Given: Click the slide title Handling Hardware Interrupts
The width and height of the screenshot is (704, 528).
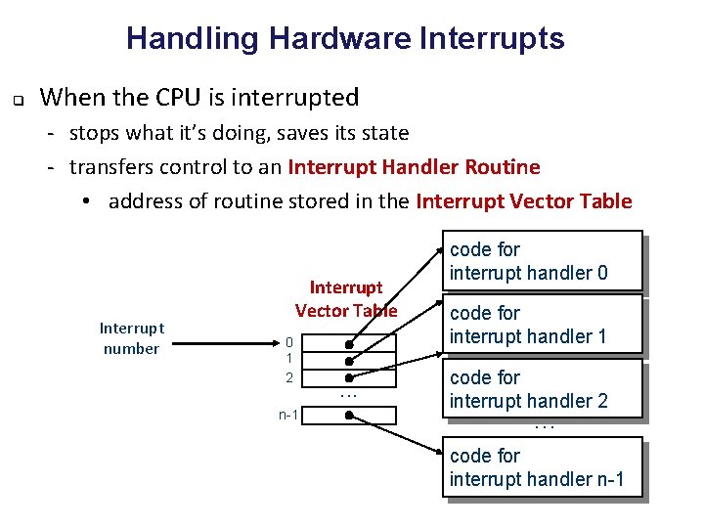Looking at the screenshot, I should click(345, 38).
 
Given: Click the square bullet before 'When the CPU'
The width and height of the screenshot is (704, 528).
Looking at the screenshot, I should click(18, 99).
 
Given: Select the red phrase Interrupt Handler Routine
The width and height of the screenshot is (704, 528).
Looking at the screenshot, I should click(414, 166).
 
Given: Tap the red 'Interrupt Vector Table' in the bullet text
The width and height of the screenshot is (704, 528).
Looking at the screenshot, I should click(524, 201).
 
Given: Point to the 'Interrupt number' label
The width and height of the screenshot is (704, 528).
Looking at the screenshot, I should click(131, 338).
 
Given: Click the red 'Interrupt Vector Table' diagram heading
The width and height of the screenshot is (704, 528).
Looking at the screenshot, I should click(346, 298).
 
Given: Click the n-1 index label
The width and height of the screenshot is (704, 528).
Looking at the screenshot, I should click(288, 415).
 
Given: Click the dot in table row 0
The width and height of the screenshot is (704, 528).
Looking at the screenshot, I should click(348, 343).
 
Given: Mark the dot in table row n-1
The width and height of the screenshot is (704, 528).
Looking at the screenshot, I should click(348, 415).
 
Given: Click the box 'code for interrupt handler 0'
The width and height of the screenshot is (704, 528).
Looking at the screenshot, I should click(543, 261).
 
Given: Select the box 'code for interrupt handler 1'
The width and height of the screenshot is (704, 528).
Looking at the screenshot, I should click(543, 325).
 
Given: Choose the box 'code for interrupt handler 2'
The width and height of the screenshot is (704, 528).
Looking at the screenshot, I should click(543, 388).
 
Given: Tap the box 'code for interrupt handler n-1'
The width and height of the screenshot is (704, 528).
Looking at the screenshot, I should click(543, 468).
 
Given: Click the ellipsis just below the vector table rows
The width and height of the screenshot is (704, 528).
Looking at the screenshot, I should click(348, 394).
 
